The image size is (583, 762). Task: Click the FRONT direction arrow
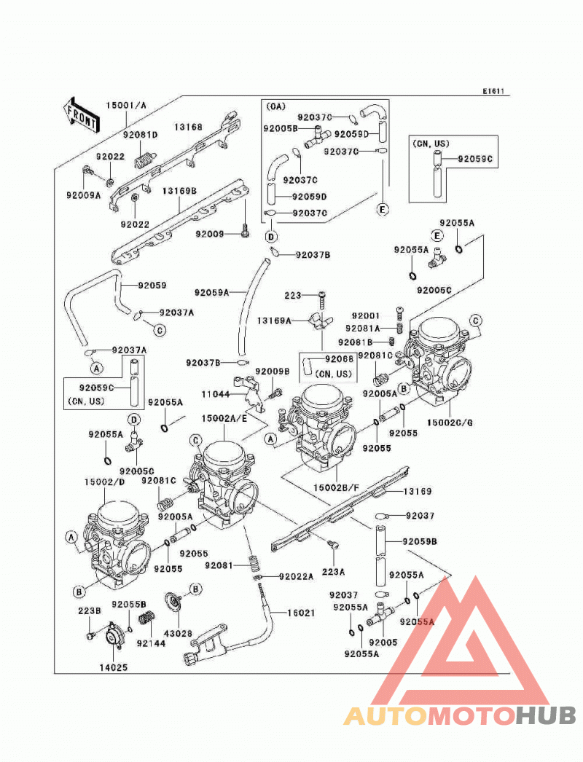pyautogui.click(x=81, y=115)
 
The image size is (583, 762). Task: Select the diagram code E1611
pyautogui.click(x=493, y=91)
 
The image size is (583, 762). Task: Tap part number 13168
pyautogui.click(x=188, y=127)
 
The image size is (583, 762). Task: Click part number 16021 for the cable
pyautogui.click(x=301, y=613)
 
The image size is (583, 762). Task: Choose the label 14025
pyautogui.click(x=114, y=668)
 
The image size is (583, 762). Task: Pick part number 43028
pyautogui.click(x=178, y=634)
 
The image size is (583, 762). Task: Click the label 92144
pyautogui.click(x=152, y=643)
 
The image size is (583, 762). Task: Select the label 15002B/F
pyautogui.click(x=336, y=487)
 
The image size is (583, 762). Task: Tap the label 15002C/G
pyautogui.click(x=450, y=423)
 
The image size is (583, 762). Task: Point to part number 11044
pyautogui.click(x=216, y=394)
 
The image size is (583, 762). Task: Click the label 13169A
pyautogui.click(x=274, y=321)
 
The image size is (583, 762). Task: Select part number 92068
pyautogui.click(x=340, y=359)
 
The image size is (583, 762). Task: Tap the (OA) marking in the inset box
pyautogui.click(x=276, y=106)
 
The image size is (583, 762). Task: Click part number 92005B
pyautogui.click(x=281, y=128)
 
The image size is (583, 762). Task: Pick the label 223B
pyautogui.click(x=90, y=610)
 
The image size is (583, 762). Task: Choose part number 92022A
pyautogui.click(x=296, y=576)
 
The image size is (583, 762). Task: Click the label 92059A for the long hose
pyautogui.click(x=211, y=293)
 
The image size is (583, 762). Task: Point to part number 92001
pyautogui.click(x=366, y=316)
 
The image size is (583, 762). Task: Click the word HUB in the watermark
pyautogui.click(x=546, y=716)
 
